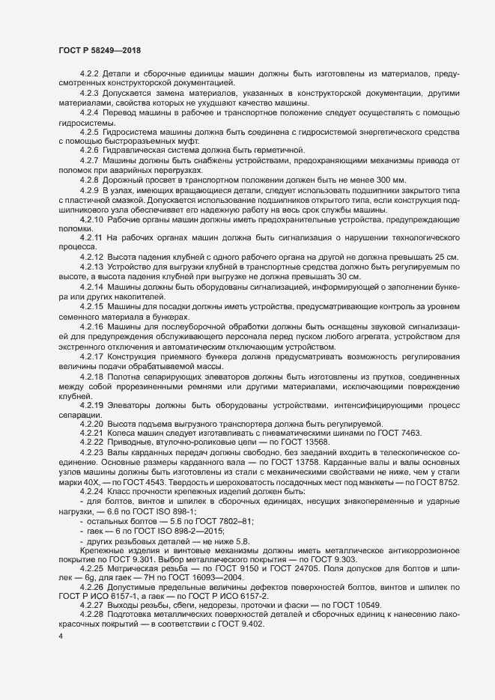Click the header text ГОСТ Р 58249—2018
[x=100, y=49]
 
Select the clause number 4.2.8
[x=89, y=180]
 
